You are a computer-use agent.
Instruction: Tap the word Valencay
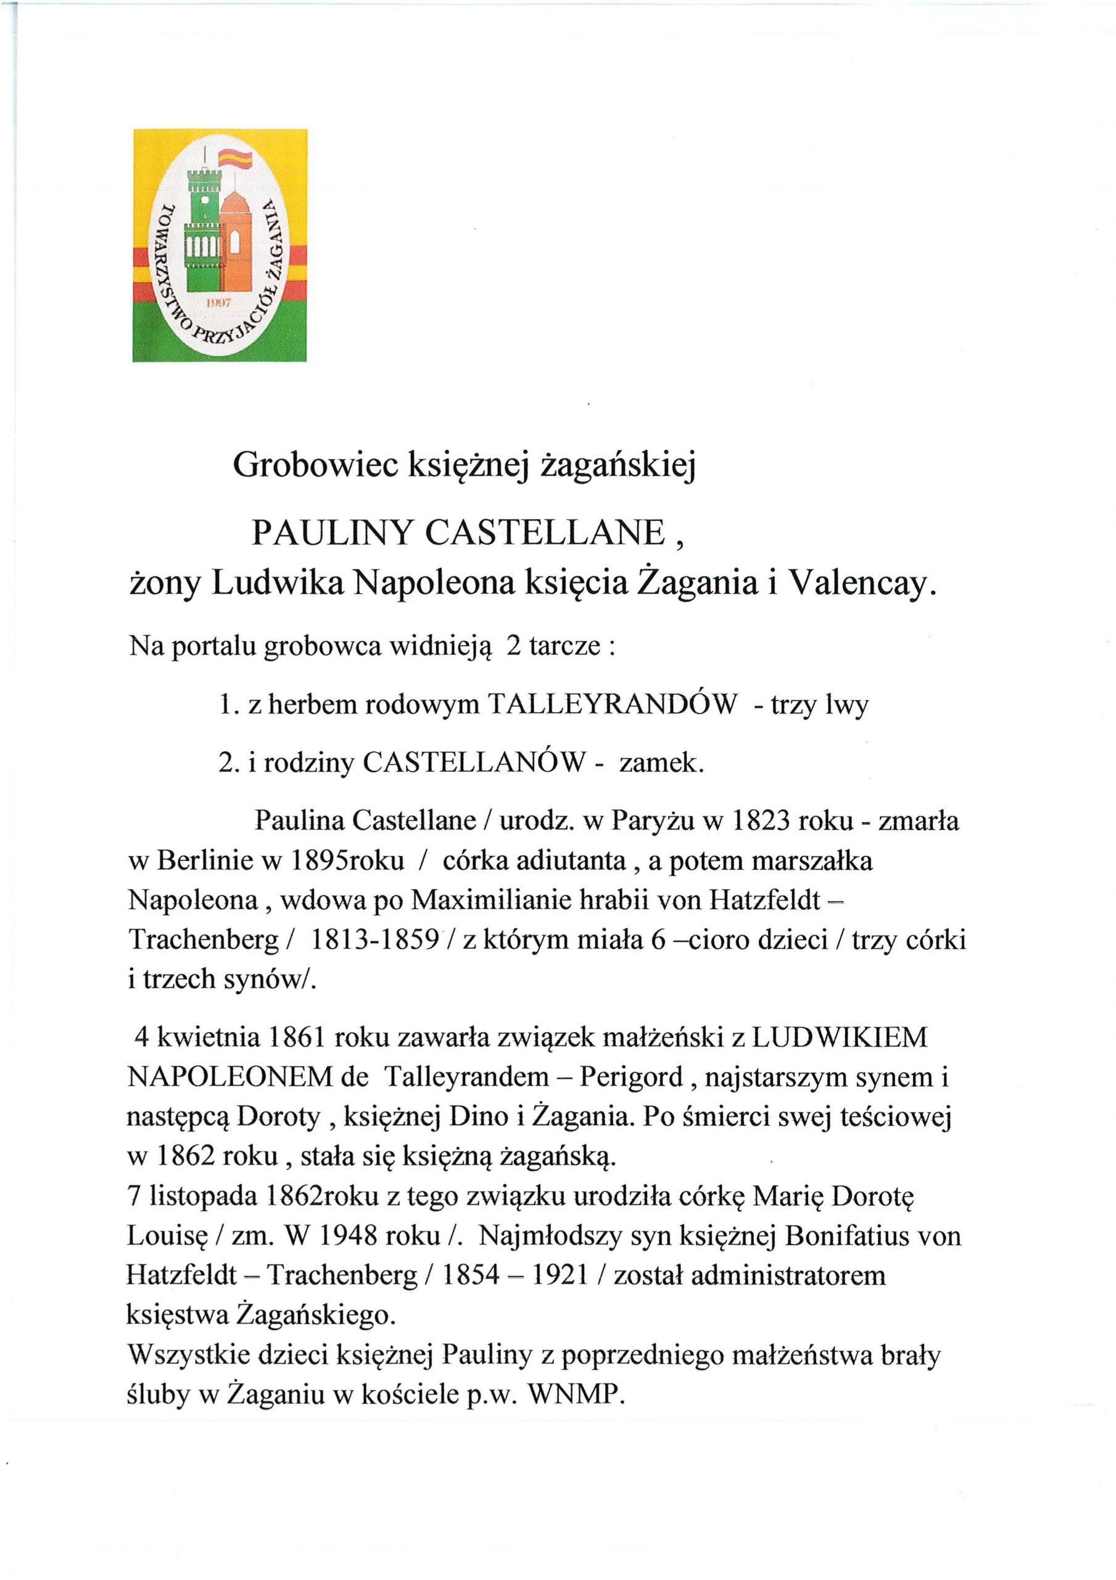click(x=861, y=584)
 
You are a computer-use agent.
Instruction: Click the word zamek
click(x=662, y=762)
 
